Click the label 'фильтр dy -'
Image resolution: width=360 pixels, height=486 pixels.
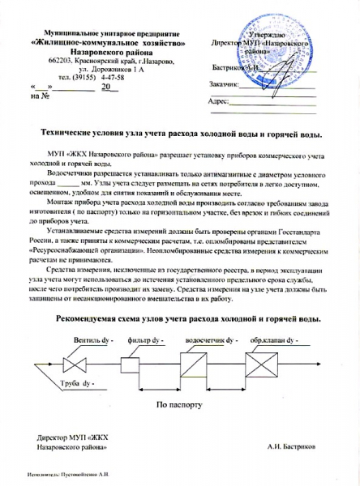click(x=146, y=339)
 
